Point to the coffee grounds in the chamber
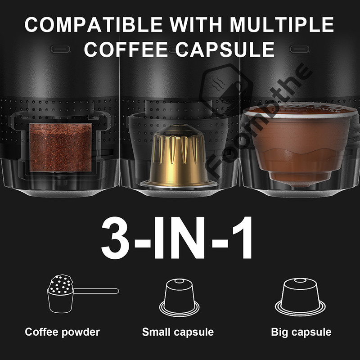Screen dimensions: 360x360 pyautogui.click(x=60, y=147)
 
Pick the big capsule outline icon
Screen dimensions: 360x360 pyautogui.click(x=301, y=297)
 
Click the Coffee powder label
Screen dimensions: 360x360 pyautogui.click(x=63, y=333)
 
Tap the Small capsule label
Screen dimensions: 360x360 pyautogui.click(x=178, y=333)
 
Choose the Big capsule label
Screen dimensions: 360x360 pyautogui.click(x=301, y=333)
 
